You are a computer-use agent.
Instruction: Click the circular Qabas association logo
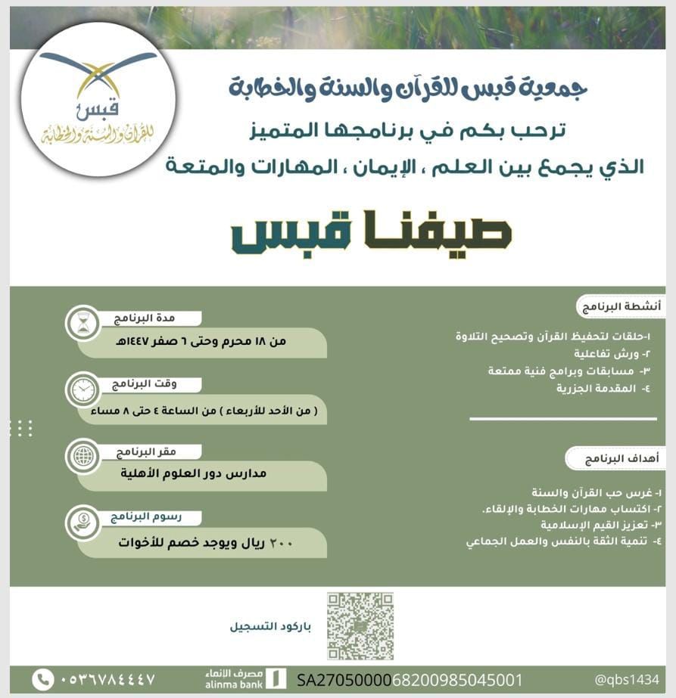coord(98,100)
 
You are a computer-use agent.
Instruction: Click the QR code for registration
coord(360,625)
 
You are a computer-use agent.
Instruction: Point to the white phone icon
coord(43,679)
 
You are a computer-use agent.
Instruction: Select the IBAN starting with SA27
coord(410,679)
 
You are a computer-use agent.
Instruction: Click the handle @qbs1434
coord(627,679)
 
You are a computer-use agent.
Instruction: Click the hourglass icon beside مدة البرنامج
coord(82,324)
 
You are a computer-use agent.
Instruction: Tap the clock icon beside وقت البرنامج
coord(82,389)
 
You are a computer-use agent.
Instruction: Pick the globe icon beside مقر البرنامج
coord(82,455)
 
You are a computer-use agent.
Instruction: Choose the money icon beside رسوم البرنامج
coord(82,522)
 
